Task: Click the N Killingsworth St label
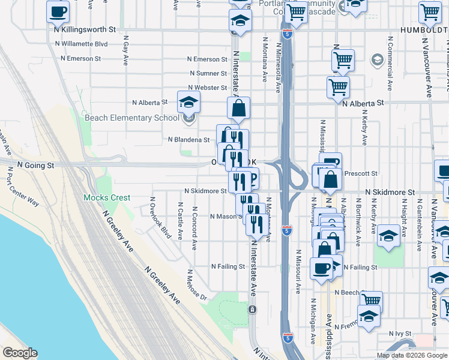[x=85, y=29]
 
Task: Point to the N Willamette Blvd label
[x=81, y=44]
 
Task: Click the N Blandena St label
[x=188, y=140]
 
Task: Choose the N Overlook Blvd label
[x=160, y=218]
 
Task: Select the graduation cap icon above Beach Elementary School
[x=188, y=102]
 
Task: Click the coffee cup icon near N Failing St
[x=321, y=268]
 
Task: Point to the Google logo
[x=20, y=353]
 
